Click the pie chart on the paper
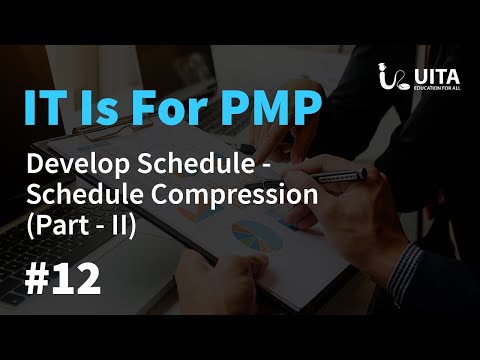[256, 236]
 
